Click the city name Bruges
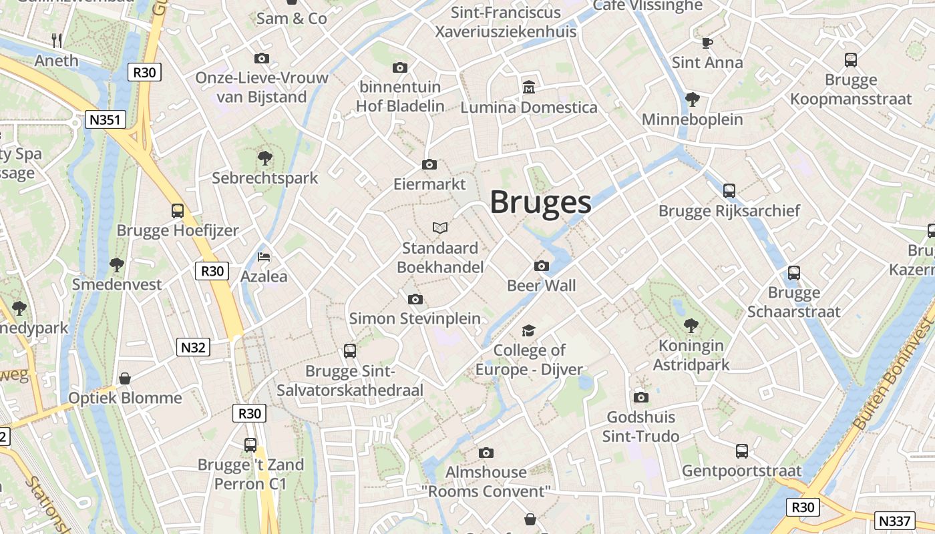(x=540, y=202)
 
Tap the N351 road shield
(x=106, y=120)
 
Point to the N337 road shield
(x=894, y=521)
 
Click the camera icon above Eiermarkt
(x=429, y=164)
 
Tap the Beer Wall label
(x=542, y=286)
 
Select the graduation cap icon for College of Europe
(x=529, y=330)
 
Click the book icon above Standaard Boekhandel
(x=439, y=228)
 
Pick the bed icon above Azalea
(x=264, y=256)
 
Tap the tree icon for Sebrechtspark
(x=265, y=158)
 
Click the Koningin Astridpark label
(x=691, y=355)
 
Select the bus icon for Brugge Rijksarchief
(x=729, y=191)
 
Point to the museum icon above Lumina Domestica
(x=529, y=87)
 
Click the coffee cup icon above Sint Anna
(x=707, y=43)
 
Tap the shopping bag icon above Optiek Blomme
(x=125, y=378)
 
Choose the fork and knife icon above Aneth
(x=57, y=41)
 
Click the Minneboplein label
(x=693, y=119)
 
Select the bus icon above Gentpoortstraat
(x=742, y=451)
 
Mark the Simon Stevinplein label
(x=415, y=318)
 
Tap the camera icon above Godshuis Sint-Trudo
(x=641, y=398)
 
